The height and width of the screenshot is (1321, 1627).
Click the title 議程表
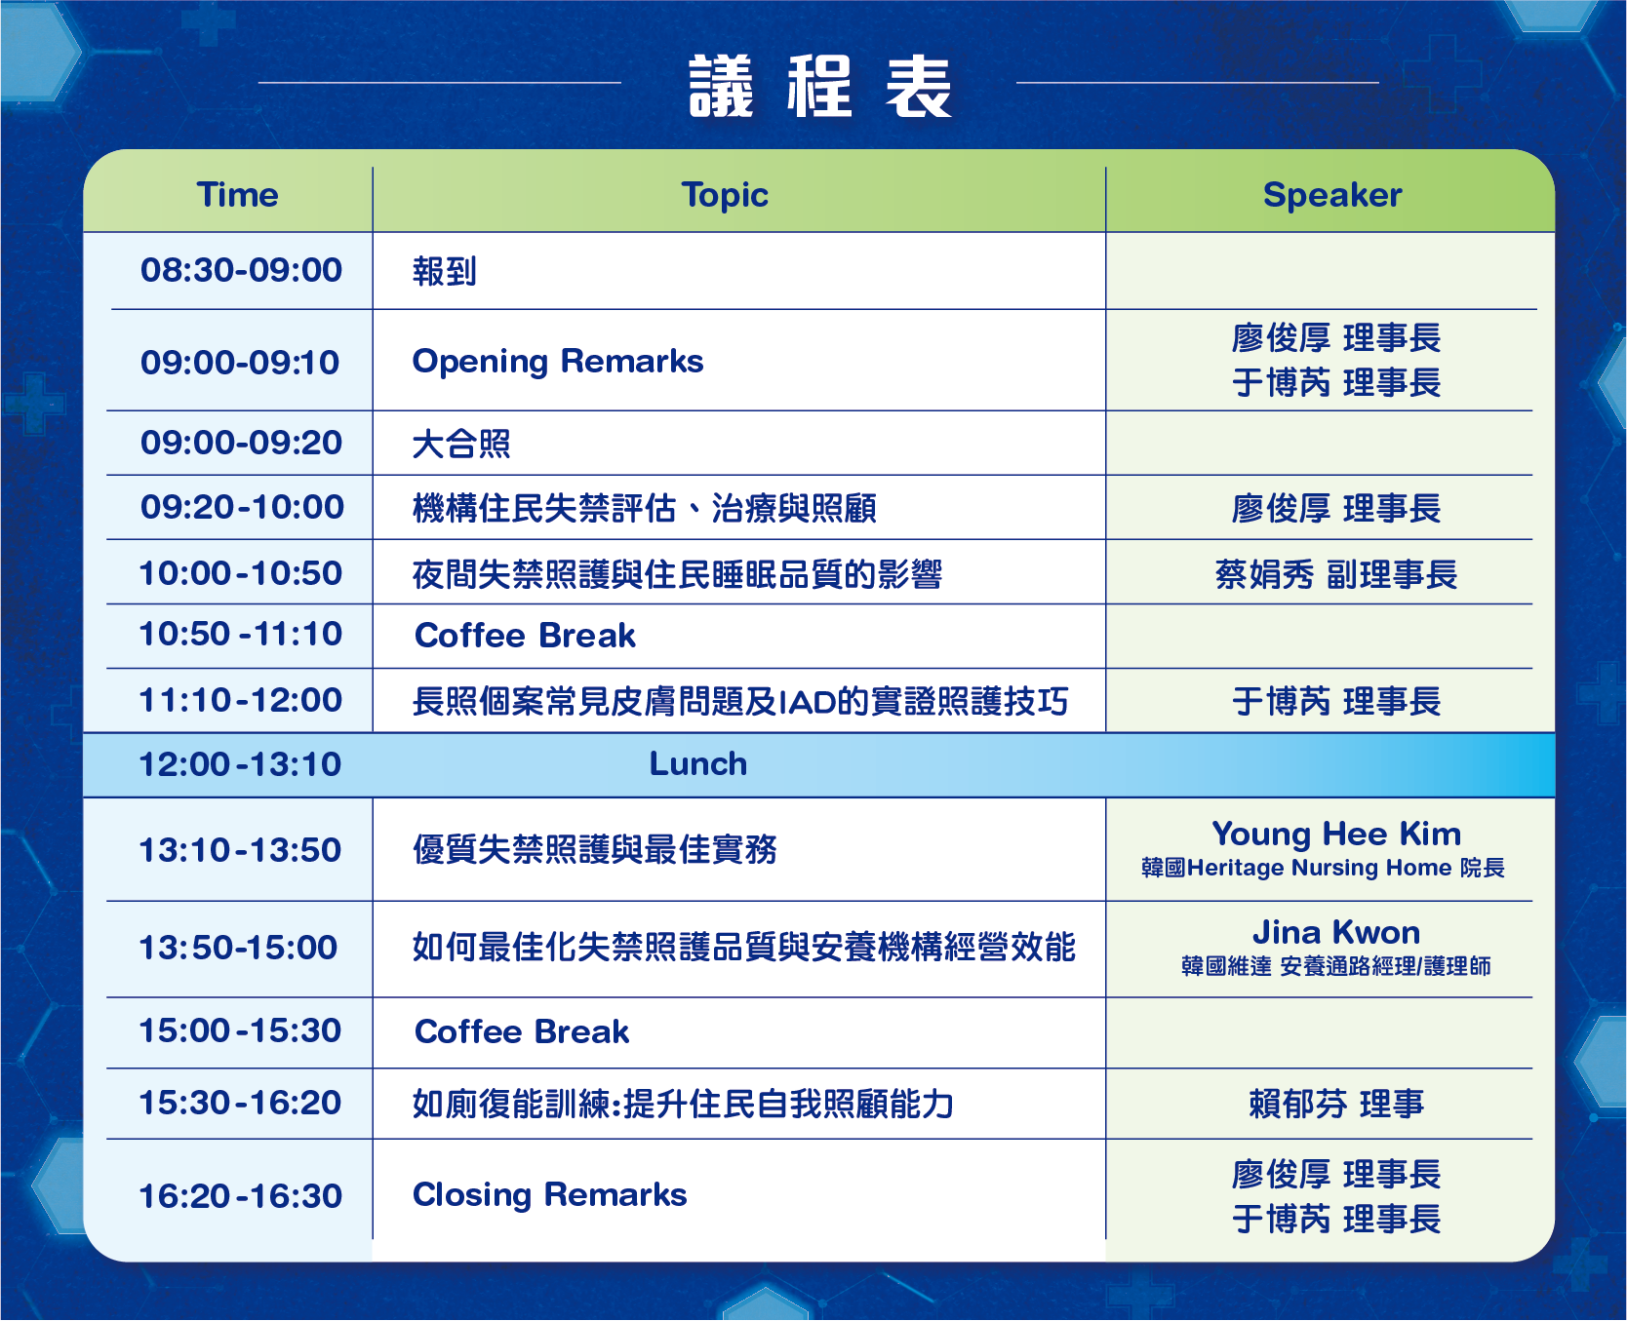pos(820,87)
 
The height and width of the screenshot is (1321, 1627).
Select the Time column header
pos(238,195)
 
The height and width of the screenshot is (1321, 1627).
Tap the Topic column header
pos(725,196)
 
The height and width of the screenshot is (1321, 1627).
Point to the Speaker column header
pos(1332,196)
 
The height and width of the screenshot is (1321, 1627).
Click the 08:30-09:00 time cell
pos(241,270)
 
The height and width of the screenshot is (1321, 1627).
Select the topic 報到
pos(445,271)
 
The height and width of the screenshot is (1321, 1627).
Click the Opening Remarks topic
pos(558,362)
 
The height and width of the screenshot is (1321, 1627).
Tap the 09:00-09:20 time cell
pos(241,443)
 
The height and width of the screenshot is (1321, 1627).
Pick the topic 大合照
pos(461,444)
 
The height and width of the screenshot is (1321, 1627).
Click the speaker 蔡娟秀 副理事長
pos(1336,574)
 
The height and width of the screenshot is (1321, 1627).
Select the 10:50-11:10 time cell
pos(241,634)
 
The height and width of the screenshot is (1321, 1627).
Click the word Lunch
pos(698,764)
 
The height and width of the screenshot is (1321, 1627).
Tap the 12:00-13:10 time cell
pos(240,764)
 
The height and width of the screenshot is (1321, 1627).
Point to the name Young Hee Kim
pos(1336,835)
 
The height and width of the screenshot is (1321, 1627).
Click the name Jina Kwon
pos(1336,933)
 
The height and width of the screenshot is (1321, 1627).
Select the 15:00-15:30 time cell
pos(240,1030)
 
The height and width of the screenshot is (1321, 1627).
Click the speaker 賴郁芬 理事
pos(1336,1104)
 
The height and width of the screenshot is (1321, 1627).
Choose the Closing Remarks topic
pos(550,1195)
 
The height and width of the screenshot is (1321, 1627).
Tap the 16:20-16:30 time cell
pos(240,1196)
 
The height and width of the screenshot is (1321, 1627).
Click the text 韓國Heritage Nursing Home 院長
pos(1323,868)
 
